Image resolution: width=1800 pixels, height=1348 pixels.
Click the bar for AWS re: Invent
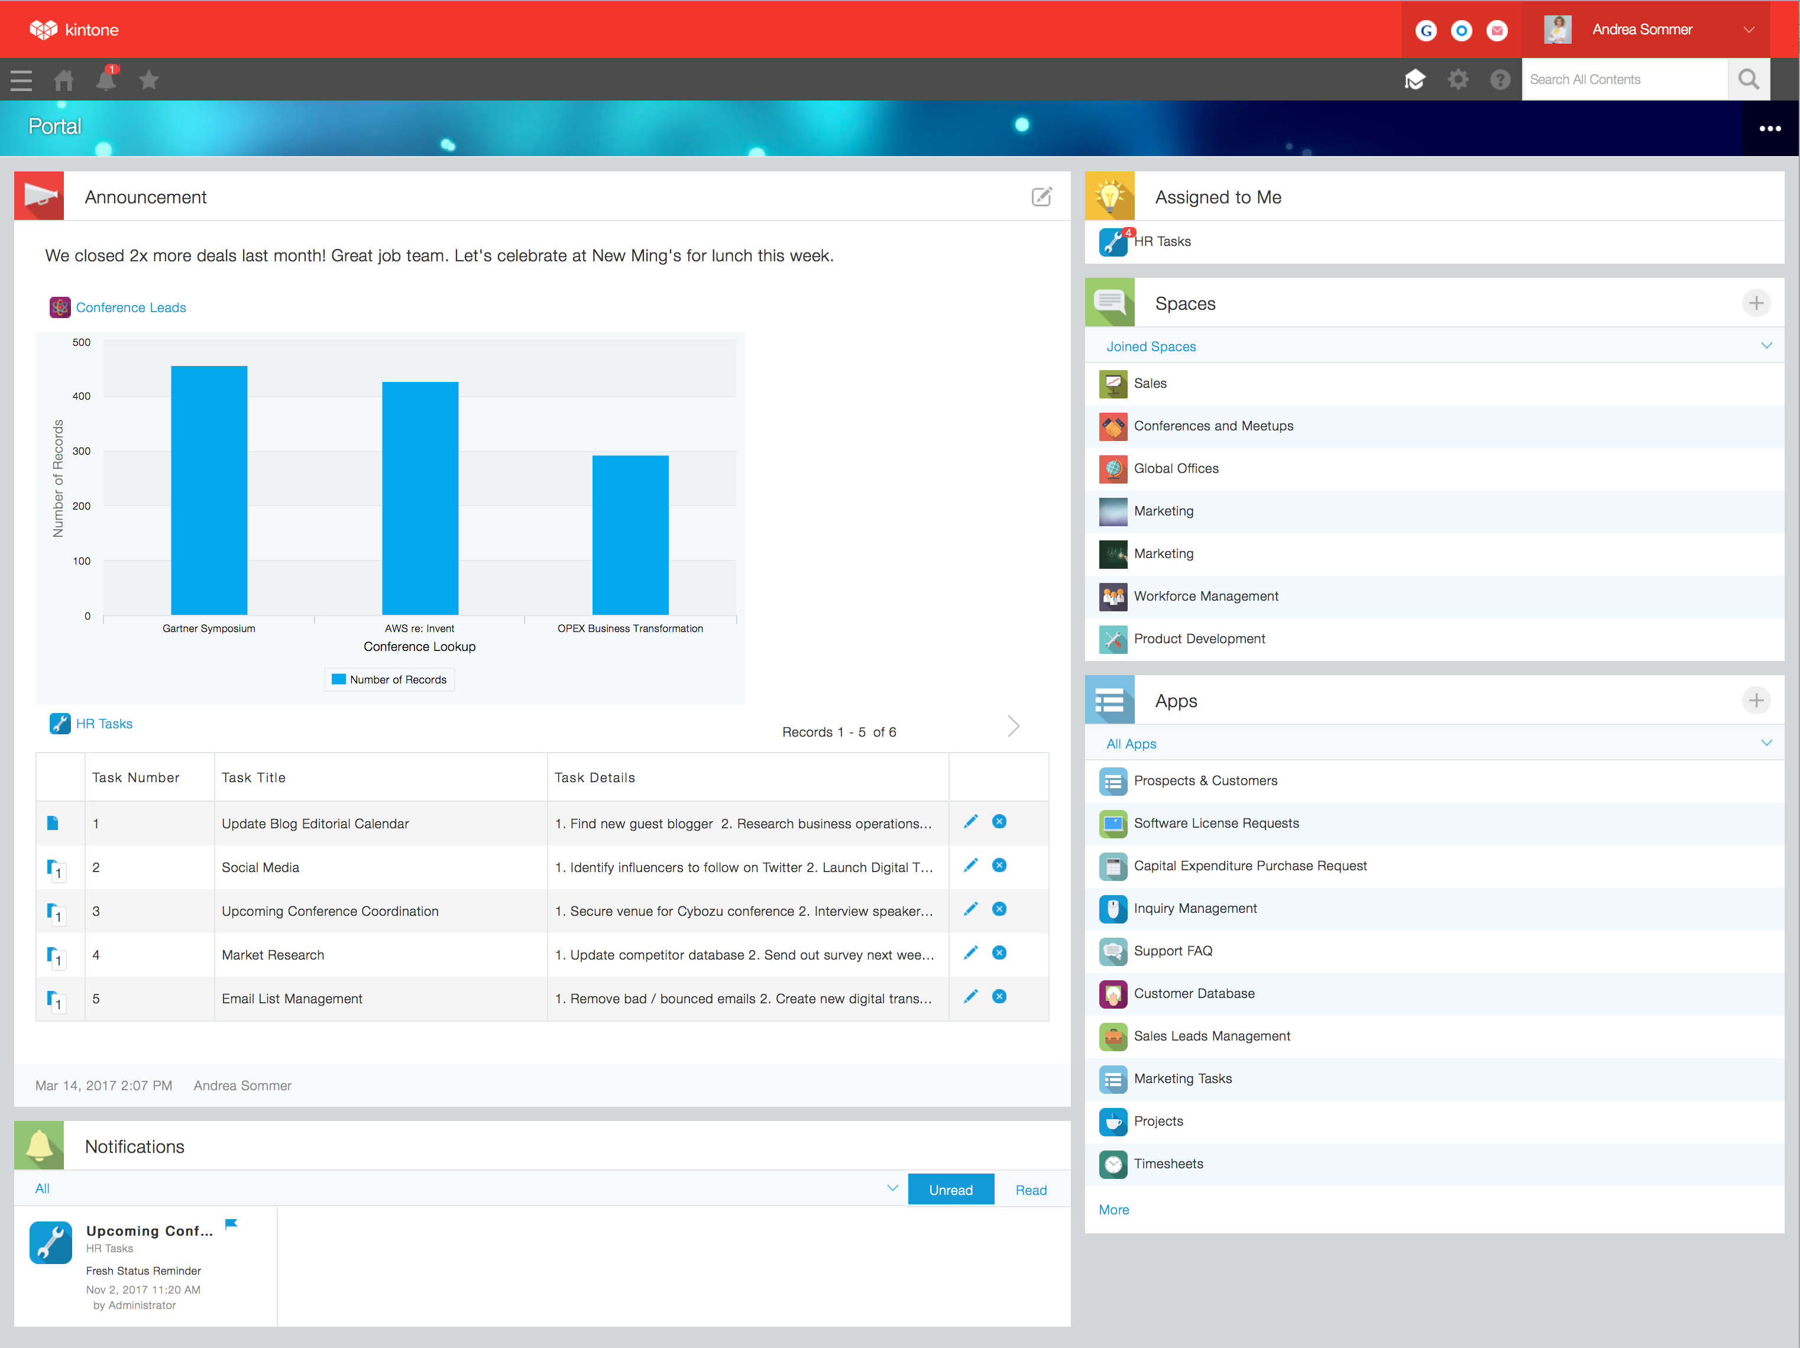(x=420, y=498)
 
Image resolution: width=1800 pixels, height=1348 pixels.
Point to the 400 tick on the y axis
(x=82, y=396)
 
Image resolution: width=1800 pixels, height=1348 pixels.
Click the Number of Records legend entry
(x=390, y=679)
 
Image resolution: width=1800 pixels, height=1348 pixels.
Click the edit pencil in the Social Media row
(x=970, y=866)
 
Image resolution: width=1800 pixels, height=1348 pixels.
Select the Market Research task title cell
(x=273, y=955)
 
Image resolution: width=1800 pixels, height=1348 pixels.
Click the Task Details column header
(x=595, y=777)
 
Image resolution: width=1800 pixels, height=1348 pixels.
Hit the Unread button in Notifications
(x=950, y=1190)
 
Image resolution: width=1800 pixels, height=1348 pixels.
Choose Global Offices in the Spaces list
(x=1176, y=469)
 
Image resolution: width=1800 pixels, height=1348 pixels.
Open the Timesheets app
(x=1168, y=1164)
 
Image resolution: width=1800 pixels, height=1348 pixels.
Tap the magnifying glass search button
(x=1748, y=80)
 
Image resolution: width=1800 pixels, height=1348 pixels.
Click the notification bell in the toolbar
(x=106, y=80)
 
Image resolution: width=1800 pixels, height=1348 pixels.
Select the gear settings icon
(x=1458, y=80)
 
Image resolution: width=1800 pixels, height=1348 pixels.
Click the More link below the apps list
(x=1113, y=1210)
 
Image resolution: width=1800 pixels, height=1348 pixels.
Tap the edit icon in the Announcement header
(x=1041, y=197)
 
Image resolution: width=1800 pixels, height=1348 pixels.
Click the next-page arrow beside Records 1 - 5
(x=1013, y=725)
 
